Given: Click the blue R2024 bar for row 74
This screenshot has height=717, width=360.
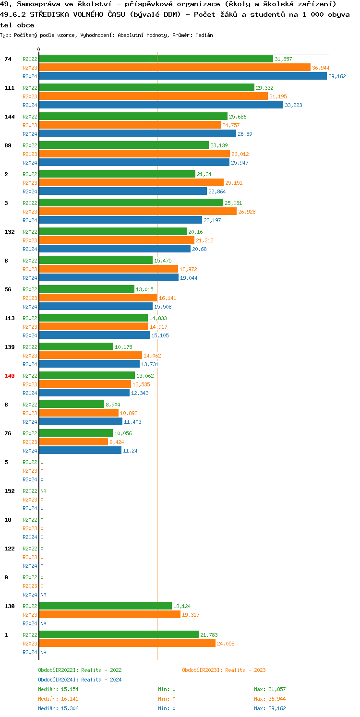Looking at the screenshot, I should pos(182,76).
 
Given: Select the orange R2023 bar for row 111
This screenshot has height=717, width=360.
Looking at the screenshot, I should pos(153,96).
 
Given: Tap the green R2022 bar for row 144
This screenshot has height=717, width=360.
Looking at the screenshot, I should pos(133,117).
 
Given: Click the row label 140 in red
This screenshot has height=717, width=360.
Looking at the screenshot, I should pos(10,376).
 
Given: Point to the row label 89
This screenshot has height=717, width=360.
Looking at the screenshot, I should pos(8,145).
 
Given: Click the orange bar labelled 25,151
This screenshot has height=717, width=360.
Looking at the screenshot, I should pos(131,183).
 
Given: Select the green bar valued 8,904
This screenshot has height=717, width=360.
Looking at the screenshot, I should pos(72,405).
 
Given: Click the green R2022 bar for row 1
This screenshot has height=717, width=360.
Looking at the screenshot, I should pos(119,635).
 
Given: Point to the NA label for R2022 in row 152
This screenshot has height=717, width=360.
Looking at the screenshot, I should pos(43,491).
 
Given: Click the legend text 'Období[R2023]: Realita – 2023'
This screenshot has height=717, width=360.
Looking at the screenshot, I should pos(224,670).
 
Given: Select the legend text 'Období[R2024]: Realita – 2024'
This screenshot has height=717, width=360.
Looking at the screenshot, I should pos(80,680).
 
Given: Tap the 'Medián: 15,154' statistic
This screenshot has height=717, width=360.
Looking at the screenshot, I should pos(56,689).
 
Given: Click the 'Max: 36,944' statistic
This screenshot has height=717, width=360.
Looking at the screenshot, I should pos(270,699).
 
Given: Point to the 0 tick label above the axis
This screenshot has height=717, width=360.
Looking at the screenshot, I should pos(39,50).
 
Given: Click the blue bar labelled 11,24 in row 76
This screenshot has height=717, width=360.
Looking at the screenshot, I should pos(80,451).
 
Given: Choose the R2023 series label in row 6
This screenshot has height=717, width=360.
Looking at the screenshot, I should pos(30,269).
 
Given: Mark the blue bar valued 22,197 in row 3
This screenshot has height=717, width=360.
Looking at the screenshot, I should pos(120,220).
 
